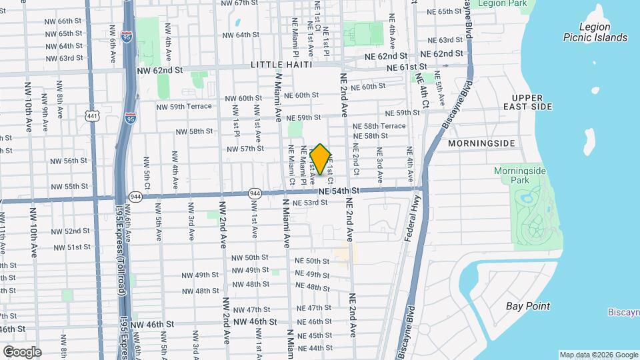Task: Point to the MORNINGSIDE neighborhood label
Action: pyautogui.click(x=482, y=143)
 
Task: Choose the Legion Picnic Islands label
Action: pyautogui.click(x=595, y=32)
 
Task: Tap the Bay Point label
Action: pyautogui.click(x=527, y=306)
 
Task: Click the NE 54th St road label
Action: pyautogui.click(x=339, y=191)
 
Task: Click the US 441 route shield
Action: pyautogui.click(x=92, y=116)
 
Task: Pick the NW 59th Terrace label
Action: pyautogui.click(x=184, y=106)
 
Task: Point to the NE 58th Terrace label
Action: pyautogui.click(x=379, y=125)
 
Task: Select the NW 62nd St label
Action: pyautogui.click(x=159, y=69)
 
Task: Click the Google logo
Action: pyautogui.click(x=21, y=351)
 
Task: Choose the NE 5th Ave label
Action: pyautogui.click(x=440, y=91)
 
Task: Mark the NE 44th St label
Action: pyautogui.click(x=315, y=348)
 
